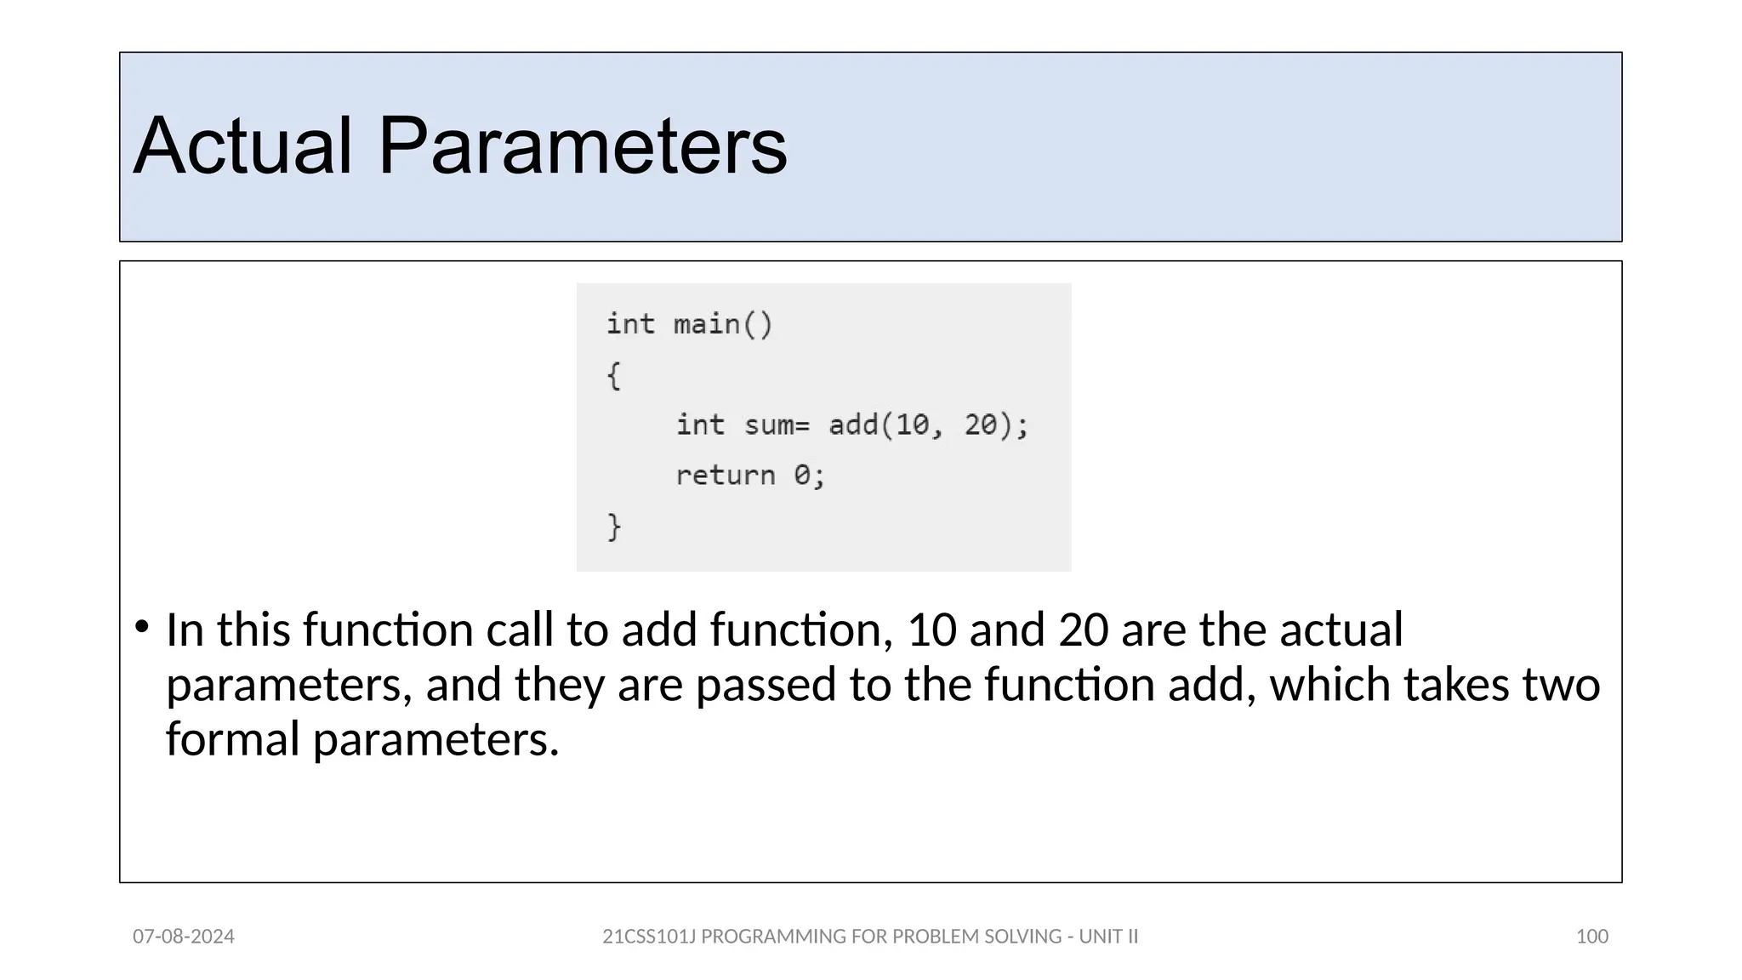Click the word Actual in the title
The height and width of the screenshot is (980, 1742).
(242, 146)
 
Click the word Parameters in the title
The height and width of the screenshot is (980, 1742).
(583, 146)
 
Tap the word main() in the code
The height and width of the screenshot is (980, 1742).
(723, 324)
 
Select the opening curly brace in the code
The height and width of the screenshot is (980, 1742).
(614, 375)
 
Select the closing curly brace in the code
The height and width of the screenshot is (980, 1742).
(614, 527)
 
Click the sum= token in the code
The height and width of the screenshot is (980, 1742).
(777, 424)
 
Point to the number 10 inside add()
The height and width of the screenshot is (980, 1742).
(913, 424)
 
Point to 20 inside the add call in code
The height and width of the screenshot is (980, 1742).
(980, 424)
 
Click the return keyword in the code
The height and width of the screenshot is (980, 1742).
(725, 476)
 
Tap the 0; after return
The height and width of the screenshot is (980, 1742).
(809, 476)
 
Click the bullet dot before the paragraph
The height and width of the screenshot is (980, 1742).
(142, 628)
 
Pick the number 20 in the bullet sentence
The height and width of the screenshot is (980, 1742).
(1084, 630)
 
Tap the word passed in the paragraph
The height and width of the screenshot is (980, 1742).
(766, 685)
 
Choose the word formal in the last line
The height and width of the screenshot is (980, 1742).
(232, 738)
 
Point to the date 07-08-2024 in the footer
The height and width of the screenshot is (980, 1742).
(184, 937)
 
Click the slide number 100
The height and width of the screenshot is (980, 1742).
(1591, 937)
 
